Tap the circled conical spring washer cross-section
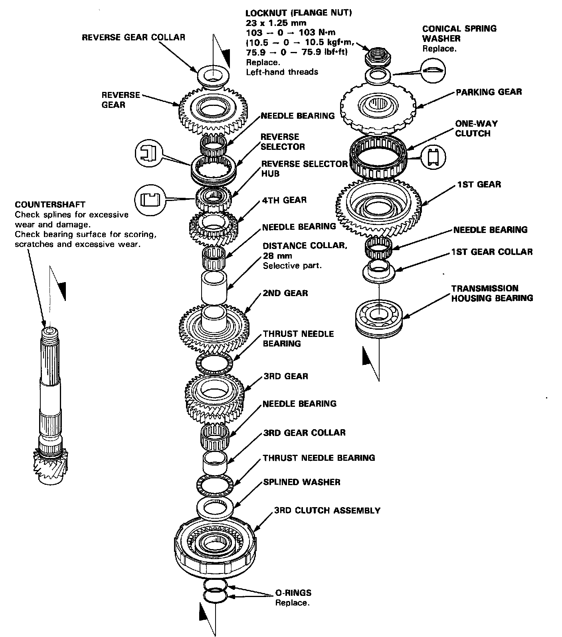tap(433, 70)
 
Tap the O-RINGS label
tap(293, 593)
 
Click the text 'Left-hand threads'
tap(282, 72)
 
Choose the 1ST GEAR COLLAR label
tap(492, 252)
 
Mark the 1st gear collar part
tap(378, 270)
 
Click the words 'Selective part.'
tap(292, 266)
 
